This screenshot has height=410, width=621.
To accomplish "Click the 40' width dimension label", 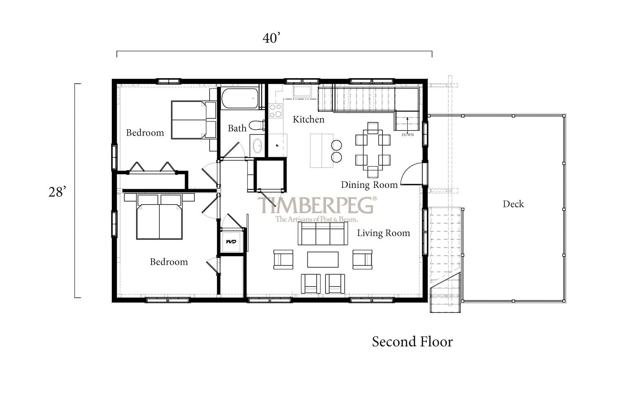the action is click(272, 38).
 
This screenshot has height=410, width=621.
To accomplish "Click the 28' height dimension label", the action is click(57, 192).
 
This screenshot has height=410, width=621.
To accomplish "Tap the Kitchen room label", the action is click(308, 120).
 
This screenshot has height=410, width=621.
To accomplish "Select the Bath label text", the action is click(237, 128).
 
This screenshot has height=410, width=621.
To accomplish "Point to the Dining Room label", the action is click(369, 185).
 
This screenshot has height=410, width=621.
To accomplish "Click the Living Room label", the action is click(383, 233).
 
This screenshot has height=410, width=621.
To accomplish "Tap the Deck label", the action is click(513, 204).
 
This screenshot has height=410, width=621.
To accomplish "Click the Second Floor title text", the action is click(412, 342).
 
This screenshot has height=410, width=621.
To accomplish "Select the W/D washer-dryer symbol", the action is click(231, 242).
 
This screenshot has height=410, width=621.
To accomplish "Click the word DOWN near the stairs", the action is click(407, 134).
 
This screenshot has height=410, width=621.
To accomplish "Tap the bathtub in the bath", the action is click(240, 98).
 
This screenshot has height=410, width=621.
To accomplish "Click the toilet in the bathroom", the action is click(257, 125).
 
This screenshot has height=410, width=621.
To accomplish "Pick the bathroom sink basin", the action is click(258, 146).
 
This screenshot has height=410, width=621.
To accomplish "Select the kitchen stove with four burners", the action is click(276, 110).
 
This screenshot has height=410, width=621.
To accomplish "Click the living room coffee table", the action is click(323, 259).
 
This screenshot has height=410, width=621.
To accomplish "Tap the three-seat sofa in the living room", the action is click(323, 233).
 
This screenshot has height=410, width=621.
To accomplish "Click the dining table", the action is click(373, 150).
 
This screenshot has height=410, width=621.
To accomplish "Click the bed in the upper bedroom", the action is click(194, 120).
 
